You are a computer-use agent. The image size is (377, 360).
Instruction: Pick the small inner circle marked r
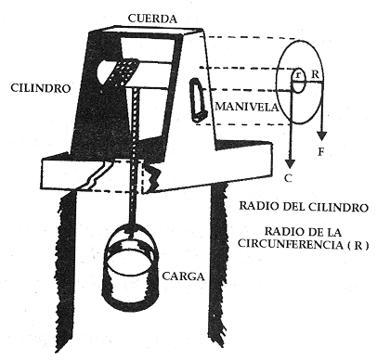click(x=298, y=80)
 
